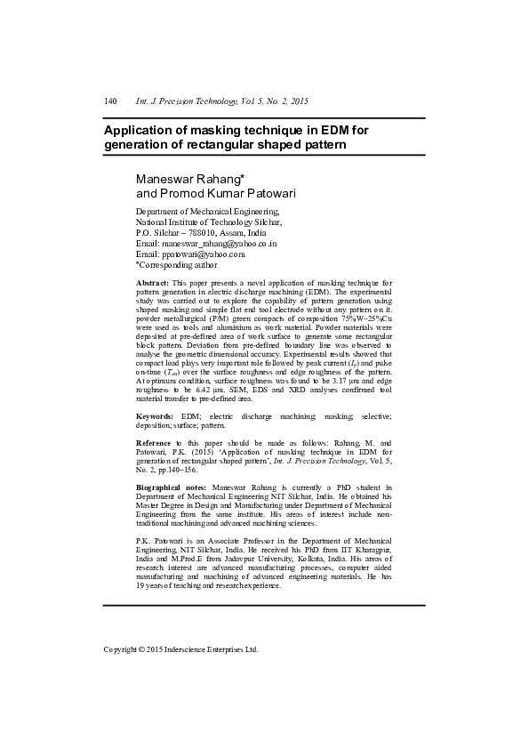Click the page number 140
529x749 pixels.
(x=111, y=101)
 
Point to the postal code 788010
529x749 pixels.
(x=204, y=232)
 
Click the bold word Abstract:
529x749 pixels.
(x=152, y=282)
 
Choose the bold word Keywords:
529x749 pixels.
(x=155, y=416)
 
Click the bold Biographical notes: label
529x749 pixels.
(x=171, y=487)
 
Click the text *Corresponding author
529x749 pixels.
(x=176, y=264)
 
